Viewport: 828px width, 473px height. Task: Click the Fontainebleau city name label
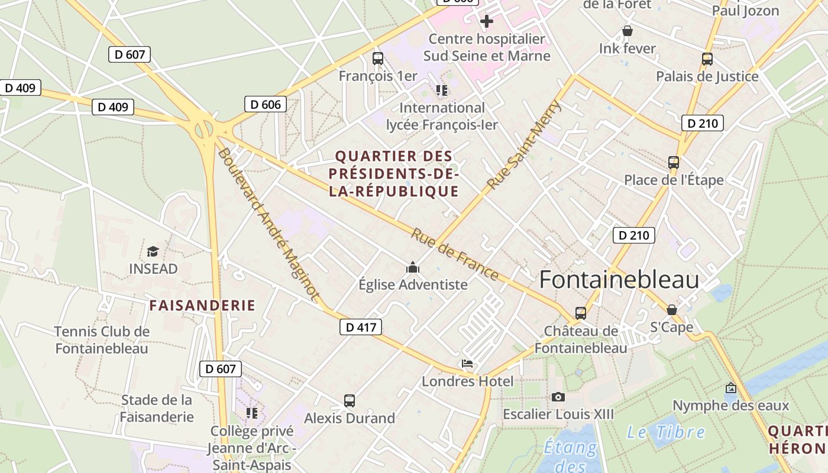619,280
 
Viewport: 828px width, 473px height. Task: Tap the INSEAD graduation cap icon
153,252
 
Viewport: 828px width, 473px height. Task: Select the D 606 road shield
266,105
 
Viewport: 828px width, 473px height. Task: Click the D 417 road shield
361,327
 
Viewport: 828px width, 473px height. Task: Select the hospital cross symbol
487,21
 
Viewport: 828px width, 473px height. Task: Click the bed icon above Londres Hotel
467,364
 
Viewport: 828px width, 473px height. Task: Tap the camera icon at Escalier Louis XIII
558,397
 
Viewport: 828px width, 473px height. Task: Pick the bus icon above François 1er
378,59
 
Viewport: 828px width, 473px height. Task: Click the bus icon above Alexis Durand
350,401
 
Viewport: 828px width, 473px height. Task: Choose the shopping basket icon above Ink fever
628,31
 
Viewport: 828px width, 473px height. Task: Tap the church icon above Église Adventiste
413,268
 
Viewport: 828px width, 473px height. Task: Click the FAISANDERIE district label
202,306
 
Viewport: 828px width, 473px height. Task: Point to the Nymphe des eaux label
731,406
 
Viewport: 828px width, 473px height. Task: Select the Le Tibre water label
666,432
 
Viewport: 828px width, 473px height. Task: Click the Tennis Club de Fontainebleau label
102,340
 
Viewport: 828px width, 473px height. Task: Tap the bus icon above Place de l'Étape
674,163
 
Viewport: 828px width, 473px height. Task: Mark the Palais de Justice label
707,76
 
